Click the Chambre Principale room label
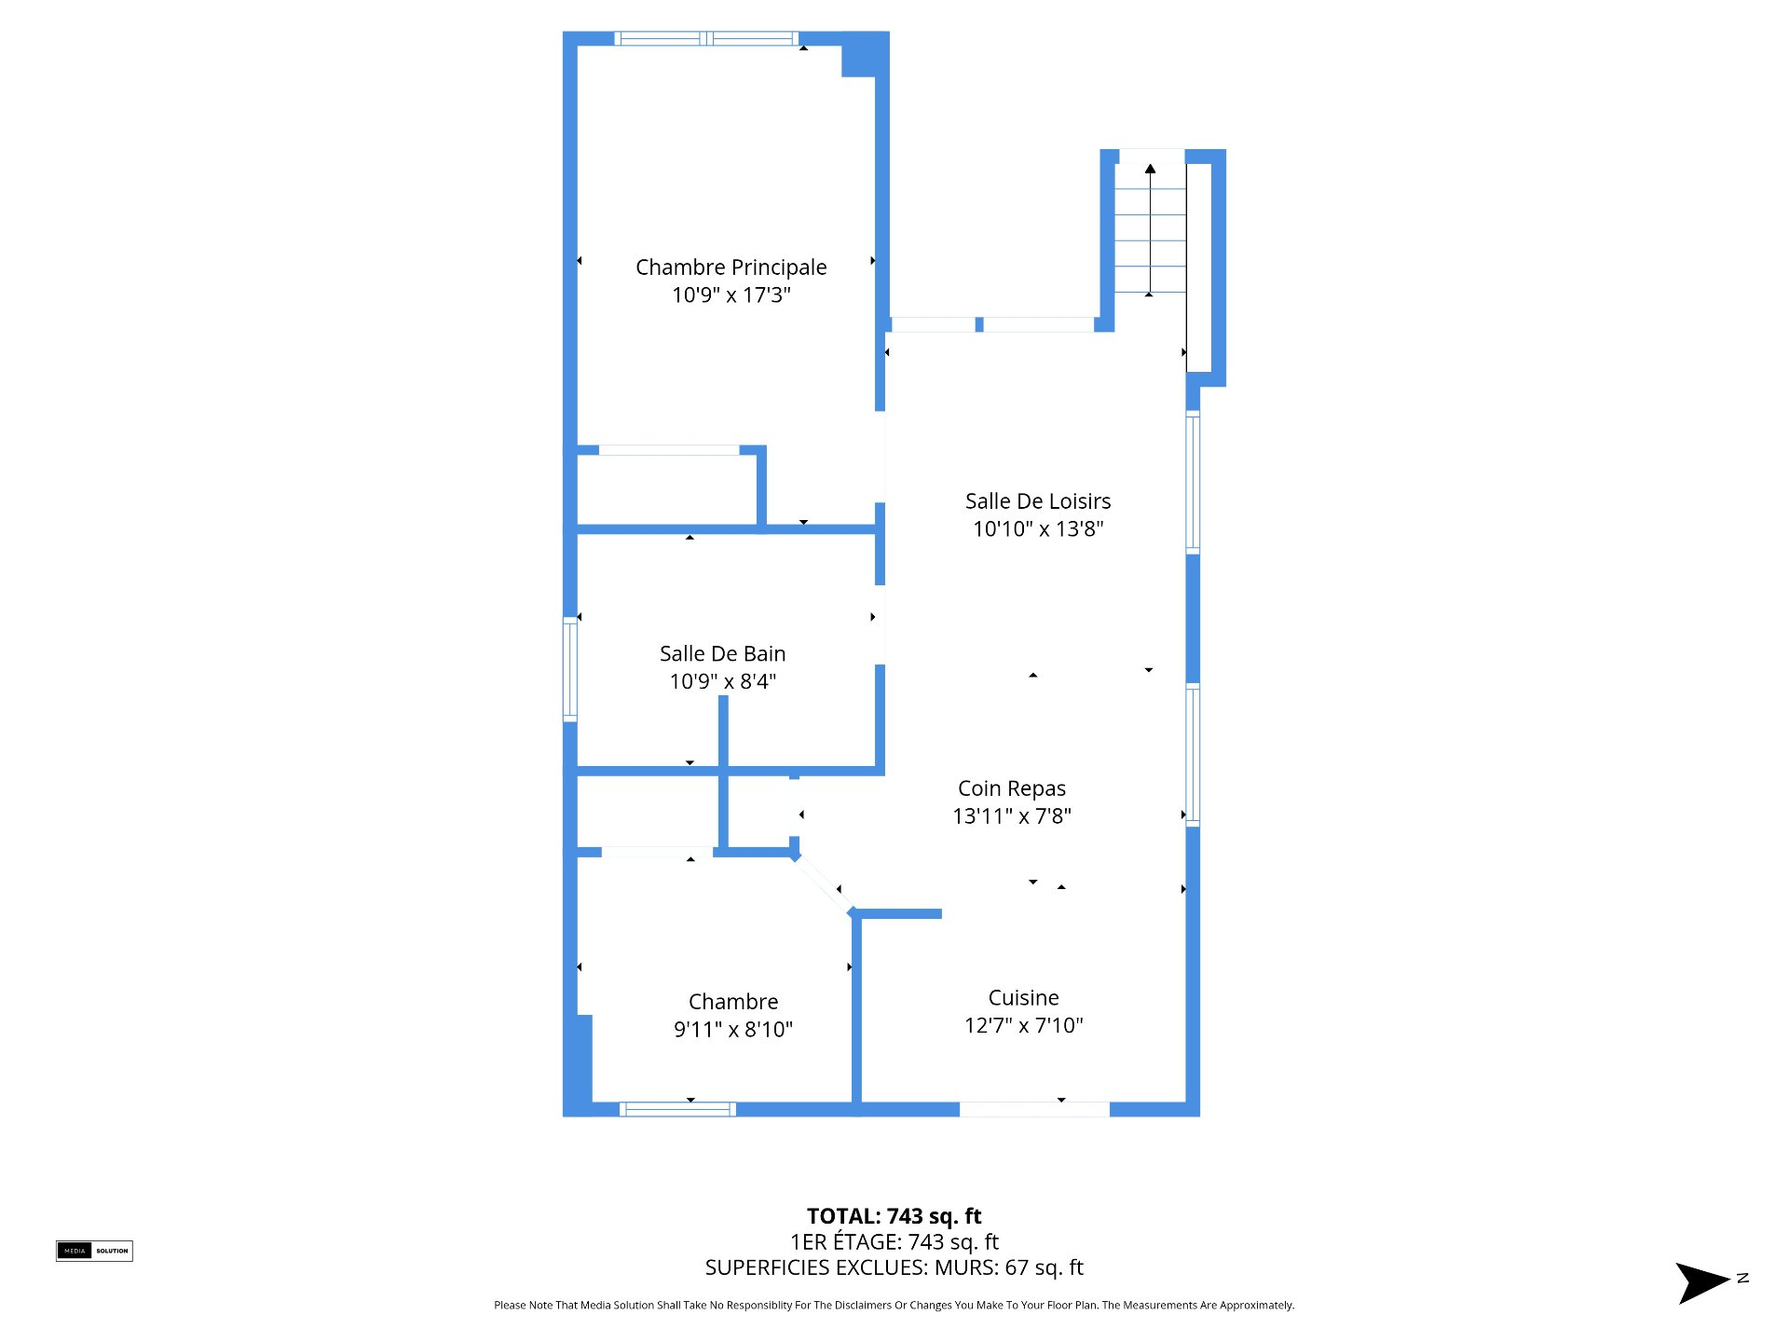[x=731, y=267]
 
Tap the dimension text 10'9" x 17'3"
[x=731, y=295]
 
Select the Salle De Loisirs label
[x=1038, y=501]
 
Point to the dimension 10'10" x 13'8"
[x=1038, y=529]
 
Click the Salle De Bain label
[x=723, y=654]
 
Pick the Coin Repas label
[x=1012, y=789]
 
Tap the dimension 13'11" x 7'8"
[x=1012, y=816]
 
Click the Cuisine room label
[x=1024, y=998]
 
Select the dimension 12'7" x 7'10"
[x=1024, y=1026]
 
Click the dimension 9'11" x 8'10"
[x=733, y=1030]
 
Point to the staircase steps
[x=1151, y=229]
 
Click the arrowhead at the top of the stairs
[x=1151, y=169]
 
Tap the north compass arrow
[x=1702, y=1282]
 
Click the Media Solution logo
[x=94, y=1251]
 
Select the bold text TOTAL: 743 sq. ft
[x=894, y=1216]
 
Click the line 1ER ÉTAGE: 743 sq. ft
[x=894, y=1242]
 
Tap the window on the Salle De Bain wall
[x=570, y=669]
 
